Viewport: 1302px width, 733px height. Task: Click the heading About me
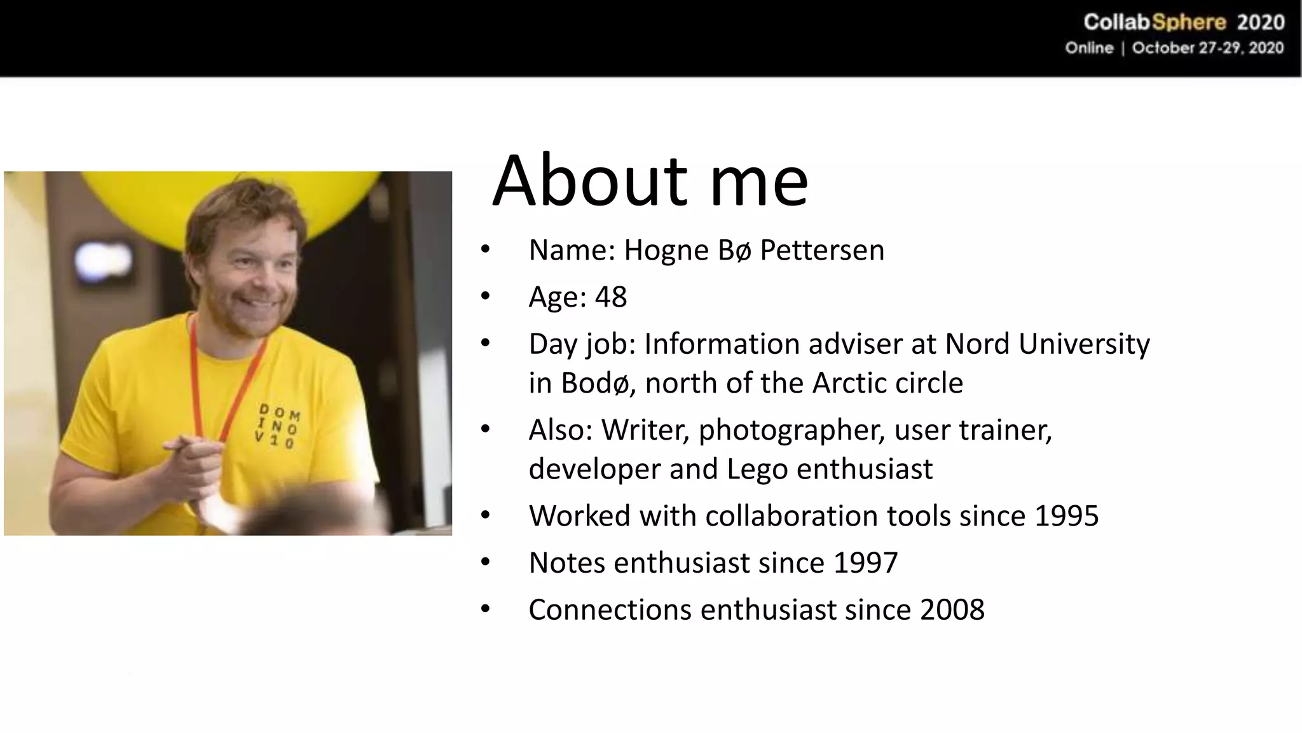pyautogui.click(x=650, y=181)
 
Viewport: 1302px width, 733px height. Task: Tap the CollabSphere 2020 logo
pyautogui.click(x=1184, y=23)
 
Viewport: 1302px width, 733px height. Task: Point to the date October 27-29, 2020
pyautogui.click(x=1207, y=48)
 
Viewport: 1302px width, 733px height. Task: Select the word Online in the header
pyautogui.click(x=1089, y=48)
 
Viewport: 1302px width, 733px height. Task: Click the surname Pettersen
pyautogui.click(x=822, y=250)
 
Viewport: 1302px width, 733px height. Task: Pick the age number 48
pyautogui.click(x=610, y=297)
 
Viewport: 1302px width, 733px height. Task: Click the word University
pyautogui.click(x=1084, y=344)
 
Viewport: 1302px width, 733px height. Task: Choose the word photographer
pyautogui.click(x=791, y=431)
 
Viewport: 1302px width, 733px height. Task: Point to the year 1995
pyautogui.click(x=1066, y=516)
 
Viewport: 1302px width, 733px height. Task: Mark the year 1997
pyautogui.click(x=865, y=563)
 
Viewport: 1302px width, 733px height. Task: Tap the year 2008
pyautogui.click(x=952, y=610)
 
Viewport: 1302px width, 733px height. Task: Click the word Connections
pyautogui.click(x=610, y=610)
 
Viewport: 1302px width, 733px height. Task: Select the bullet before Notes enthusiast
pyautogui.click(x=486, y=562)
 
